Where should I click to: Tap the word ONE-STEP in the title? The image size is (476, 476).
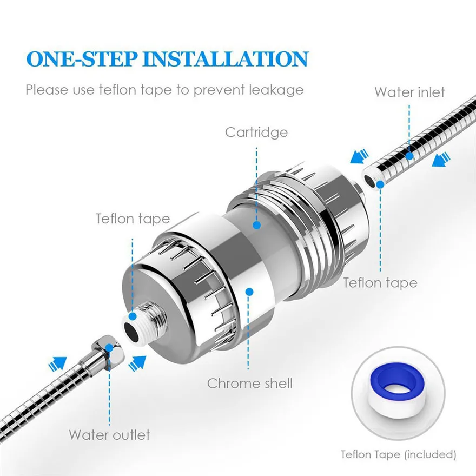[82, 59]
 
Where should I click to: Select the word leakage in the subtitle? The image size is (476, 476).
[276, 90]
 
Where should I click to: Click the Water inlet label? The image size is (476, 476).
[409, 92]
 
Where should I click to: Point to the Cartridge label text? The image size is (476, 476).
[256, 133]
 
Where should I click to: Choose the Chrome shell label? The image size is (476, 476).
[250, 384]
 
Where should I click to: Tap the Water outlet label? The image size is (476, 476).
[109, 435]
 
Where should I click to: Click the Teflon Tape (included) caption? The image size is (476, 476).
[398, 454]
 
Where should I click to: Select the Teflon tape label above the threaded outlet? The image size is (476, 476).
[133, 219]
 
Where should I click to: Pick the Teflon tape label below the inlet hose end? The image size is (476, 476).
[380, 283]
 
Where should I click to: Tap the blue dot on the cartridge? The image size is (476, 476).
[257, 225]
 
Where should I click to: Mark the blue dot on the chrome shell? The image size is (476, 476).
[249, 292]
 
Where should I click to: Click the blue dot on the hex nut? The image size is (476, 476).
[109, 347]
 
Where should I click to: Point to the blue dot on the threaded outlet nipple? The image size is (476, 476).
[133, 316]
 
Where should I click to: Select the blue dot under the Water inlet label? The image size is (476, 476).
[409, 156]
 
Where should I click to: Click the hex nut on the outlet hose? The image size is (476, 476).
[108, 350]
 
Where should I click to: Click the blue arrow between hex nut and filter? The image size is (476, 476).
[137, 363]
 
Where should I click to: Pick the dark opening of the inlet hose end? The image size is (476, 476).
[370, 181]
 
